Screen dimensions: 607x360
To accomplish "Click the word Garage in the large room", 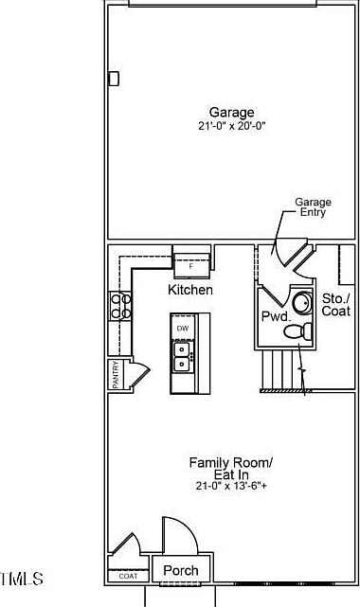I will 232,113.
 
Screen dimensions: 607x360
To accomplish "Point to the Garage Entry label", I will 313,207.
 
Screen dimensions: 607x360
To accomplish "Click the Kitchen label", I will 190,290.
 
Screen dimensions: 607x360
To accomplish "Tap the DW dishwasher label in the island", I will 182,328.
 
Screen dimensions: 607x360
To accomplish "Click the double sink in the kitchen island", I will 182,356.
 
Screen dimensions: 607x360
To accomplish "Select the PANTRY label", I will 116,374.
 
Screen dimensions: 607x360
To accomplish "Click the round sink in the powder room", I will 301,303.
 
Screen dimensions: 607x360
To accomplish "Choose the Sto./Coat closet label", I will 335,305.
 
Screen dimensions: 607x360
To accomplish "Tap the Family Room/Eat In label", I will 230,469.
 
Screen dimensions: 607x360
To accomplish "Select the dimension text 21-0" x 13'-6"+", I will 230,486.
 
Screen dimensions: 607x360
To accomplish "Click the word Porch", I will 181,571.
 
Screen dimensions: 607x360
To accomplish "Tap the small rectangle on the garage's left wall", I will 114,79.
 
